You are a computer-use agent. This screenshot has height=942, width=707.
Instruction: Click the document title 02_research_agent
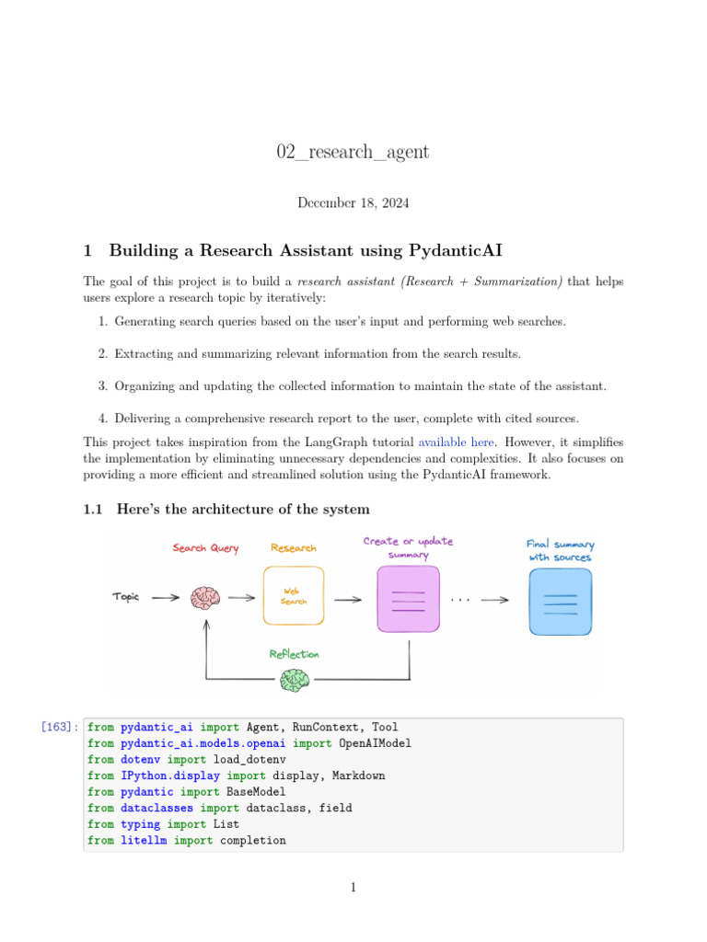click(353, 152)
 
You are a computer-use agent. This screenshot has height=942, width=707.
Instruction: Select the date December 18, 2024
click(353, 202)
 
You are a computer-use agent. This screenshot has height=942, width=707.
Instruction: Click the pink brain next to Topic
click(205, 598)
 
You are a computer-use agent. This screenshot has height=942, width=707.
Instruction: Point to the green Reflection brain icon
click(295, 680)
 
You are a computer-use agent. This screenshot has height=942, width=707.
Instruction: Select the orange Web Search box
click(294, 595)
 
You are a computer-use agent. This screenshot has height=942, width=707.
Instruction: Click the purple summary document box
click(408, 598)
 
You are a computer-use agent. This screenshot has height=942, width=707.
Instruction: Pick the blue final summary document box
click(560, 602)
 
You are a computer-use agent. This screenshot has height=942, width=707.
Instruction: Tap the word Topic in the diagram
click(126, 597)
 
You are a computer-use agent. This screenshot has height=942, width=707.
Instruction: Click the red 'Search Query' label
click(205, 548)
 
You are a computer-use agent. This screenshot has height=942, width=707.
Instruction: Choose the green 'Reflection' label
click(295, 654)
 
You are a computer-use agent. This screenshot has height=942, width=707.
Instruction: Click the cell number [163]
click(58, 727)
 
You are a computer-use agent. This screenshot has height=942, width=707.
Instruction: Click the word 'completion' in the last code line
click(252, 840)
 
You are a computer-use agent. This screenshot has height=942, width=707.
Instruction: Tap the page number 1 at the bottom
click(353, 887)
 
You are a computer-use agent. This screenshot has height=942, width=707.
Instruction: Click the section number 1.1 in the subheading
click(96, 510)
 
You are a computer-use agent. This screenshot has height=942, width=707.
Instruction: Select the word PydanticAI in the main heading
click(450, 250)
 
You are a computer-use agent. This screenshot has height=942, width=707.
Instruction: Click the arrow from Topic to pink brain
click(166, 597)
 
